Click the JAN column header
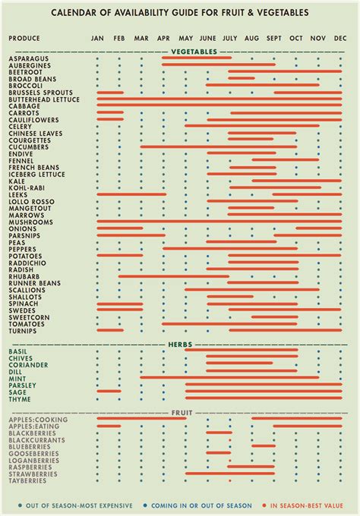point(97,38)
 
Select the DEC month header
point(340,38)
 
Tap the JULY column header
point(230,38)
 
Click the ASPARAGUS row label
point(30,58)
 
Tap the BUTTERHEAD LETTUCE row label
point(43,99)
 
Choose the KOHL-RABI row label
point(27,187)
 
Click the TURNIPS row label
point(24,330)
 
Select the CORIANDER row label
point(30,364)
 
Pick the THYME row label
point(21,398)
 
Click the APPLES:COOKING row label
point(38,419)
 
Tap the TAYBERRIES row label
point(28,480)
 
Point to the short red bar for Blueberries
point(263,446)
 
